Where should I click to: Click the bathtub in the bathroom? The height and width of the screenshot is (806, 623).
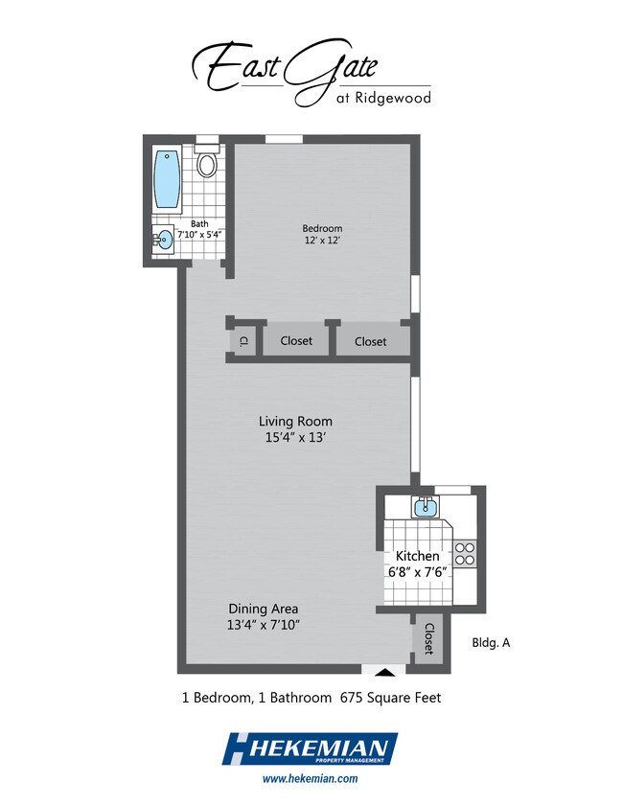(168, 180)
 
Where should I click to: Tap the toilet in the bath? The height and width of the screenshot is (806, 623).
(207, 160)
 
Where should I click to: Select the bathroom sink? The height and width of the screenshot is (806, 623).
(165, 240)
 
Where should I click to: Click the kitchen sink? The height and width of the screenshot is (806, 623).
(426, 506)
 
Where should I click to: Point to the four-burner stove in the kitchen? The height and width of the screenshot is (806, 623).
(465, 554)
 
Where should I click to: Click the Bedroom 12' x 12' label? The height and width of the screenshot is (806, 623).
(322, 234)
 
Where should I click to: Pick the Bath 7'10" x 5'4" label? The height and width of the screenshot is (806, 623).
(199, 229)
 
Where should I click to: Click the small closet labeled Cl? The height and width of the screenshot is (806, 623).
(244, 340)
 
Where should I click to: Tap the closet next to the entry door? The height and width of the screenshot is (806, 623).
(428, 639)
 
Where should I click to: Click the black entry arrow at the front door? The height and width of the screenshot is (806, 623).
(387, 671)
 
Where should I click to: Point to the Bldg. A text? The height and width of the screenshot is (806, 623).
(491, 642)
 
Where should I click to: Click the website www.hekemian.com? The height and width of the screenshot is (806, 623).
(310, 778)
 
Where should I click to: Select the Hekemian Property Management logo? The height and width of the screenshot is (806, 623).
(310, 748)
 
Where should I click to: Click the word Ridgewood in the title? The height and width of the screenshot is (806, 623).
(393, 98)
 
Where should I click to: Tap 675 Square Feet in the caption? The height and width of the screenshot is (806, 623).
(391, 698)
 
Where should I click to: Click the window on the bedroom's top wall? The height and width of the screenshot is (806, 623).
(284, 139)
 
